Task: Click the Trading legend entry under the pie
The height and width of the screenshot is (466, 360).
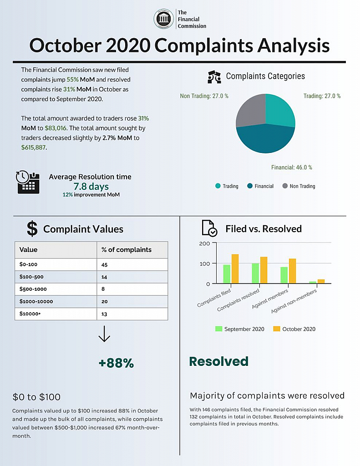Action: (227, 186)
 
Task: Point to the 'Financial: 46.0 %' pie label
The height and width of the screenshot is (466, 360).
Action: (292, 167)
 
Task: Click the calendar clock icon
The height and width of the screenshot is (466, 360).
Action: (28, 182)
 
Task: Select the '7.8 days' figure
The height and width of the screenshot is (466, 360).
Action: (91, 187)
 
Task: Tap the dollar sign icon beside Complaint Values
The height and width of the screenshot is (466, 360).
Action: (32, 229)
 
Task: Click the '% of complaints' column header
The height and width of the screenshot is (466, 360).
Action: (127, 250)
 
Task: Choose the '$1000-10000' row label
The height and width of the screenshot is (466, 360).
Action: (36, 301)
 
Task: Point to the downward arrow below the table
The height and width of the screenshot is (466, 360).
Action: (104, 334)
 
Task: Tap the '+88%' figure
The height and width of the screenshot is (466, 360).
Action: (116, 363)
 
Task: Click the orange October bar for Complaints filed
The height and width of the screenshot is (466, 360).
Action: (235, 269)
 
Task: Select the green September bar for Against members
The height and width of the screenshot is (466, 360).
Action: (284, 275)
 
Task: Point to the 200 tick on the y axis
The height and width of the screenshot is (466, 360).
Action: (204, 243)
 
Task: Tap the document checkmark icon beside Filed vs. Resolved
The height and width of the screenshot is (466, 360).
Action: (209, 228)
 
